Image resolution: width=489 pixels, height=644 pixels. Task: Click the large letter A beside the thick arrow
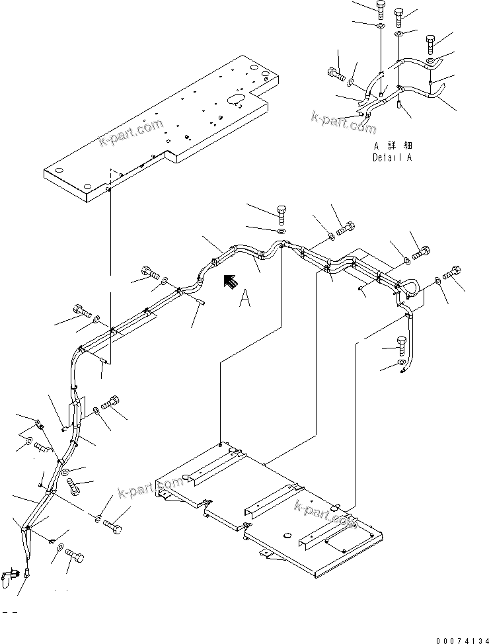[x=245, y=300]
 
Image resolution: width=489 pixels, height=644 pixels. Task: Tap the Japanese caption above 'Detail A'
[x=394, y=145]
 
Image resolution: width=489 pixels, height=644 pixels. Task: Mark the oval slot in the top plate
[x=236, y=100]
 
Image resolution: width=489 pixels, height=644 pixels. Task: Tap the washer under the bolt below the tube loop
[x=402, y=363]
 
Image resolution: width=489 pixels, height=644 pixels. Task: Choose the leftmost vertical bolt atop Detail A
[x=382, y=9]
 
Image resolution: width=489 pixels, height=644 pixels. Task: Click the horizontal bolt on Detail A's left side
[x=336, y=74]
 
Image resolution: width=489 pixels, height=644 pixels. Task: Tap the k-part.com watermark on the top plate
[x=131, y=133]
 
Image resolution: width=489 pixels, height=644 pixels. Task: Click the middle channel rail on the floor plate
[x=264, y=499]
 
